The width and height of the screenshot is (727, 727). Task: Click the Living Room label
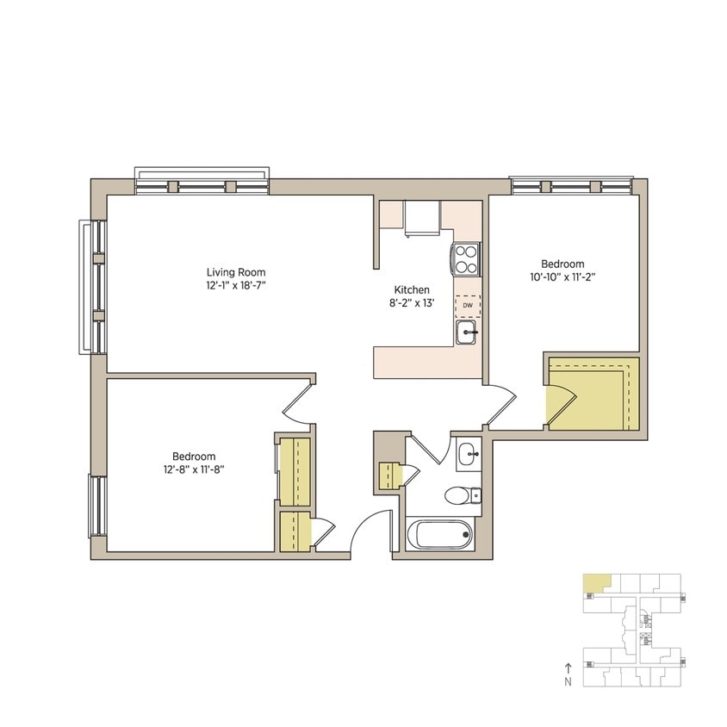235,272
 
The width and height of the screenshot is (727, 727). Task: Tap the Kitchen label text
411,290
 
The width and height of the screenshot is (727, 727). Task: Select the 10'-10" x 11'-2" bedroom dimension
562,277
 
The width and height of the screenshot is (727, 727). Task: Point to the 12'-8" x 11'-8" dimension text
194,469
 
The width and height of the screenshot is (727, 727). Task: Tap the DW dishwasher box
468,305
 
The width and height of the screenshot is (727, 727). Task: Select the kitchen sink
466,332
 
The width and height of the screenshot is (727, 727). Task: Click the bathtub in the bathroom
440,535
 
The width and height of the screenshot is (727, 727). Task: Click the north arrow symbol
568,667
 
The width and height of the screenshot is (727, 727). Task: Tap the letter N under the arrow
568,681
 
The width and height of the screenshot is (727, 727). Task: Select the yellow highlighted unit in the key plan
593,582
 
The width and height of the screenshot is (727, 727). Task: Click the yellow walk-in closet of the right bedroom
594,395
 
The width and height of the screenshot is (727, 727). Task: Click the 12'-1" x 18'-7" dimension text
235,285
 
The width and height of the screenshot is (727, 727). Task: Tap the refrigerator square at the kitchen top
422,219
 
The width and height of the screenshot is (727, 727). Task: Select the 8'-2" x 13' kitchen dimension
411,303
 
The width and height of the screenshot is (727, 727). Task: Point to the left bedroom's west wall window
97,506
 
